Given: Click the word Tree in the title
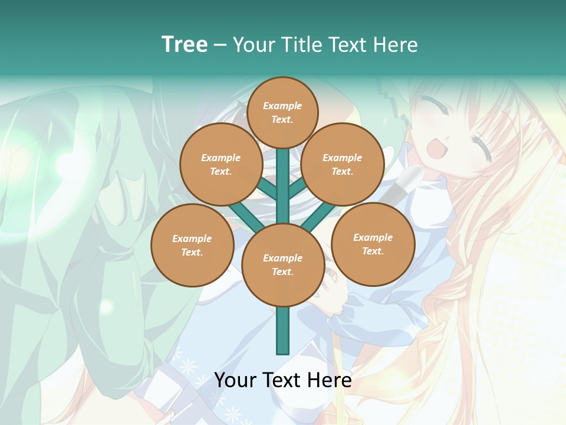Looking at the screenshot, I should [185, 44].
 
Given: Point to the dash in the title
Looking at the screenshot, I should [220, 45].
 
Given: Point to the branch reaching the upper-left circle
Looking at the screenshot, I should [267, 189].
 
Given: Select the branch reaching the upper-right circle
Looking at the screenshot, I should [298, 189].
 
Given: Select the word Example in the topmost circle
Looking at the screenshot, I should [282, 106].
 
